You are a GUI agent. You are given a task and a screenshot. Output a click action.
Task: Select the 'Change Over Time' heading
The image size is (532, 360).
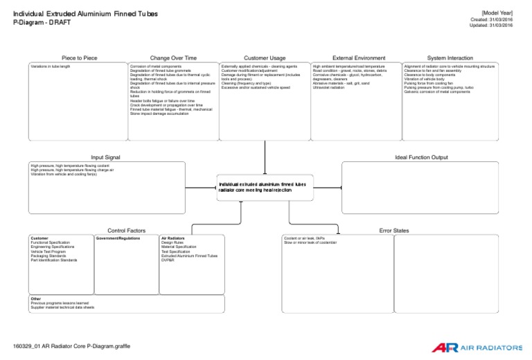pos(172,57)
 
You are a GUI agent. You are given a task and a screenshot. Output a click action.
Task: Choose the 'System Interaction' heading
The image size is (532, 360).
pos(450,57)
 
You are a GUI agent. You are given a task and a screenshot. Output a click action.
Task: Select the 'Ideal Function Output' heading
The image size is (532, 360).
pos(421,157)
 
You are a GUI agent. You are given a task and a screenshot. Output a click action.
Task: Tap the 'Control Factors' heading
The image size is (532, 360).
pos(126,231)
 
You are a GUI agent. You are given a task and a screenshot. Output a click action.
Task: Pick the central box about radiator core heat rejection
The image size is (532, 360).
pos(266,188)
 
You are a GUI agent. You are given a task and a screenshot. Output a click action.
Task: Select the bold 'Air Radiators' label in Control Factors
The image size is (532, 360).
pos(173,237)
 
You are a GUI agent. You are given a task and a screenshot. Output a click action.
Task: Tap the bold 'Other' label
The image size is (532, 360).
pos(35,299)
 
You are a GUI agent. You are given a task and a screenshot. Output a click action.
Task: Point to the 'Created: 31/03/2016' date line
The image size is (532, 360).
pos(497,20)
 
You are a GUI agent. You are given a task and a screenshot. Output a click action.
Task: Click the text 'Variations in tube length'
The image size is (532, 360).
pos(51,66)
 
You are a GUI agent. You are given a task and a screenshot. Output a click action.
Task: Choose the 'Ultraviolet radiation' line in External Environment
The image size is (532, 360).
pos(330,87)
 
